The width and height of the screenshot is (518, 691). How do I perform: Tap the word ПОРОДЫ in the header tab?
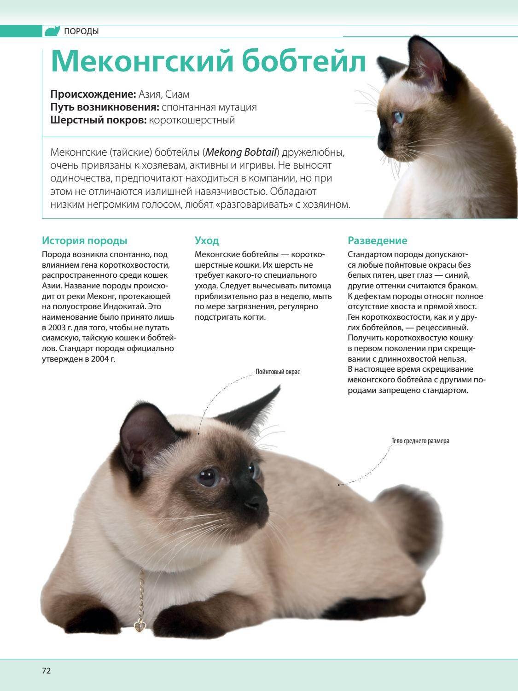[x=81, y=31]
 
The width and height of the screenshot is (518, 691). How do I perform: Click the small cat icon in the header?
[x=52, y=31]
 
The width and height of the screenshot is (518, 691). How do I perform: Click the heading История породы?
[x=85, y=240]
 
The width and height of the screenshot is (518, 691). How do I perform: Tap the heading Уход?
[x=207, y=240]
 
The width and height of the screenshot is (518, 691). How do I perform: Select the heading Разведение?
[x=378, y=240]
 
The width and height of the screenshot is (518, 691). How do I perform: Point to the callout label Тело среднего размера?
[x=420, y=441]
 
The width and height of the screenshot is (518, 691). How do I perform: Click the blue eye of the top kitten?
[x=396, y=117]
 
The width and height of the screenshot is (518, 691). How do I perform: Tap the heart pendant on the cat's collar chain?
[x=138, y=626]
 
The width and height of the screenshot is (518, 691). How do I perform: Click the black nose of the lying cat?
[x=259, y=505]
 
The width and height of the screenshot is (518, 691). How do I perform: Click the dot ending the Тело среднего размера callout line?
[x=339, y=484]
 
